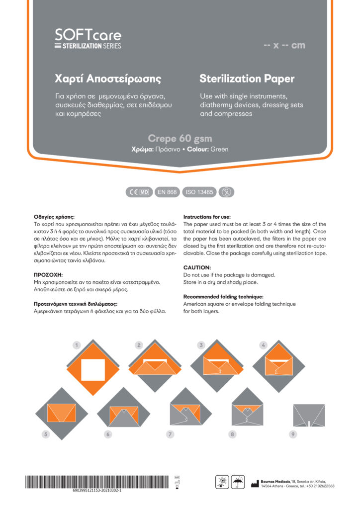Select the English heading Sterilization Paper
pos(247,79)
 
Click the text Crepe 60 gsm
pos(180,138)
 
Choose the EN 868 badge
pos(167,192)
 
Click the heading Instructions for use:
pos(207,217)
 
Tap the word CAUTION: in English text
pos(197,267)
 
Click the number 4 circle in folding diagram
pos(264,344)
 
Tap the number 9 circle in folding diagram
pos(293,434)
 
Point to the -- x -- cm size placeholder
pos(284,46)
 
